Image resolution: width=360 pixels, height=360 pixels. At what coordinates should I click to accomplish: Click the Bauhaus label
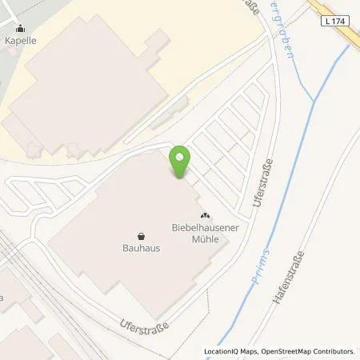coord(141,248)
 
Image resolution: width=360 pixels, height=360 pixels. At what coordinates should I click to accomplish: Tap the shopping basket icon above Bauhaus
coord(141,236)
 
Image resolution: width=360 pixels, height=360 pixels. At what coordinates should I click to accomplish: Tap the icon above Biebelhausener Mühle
coord(204,215)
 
